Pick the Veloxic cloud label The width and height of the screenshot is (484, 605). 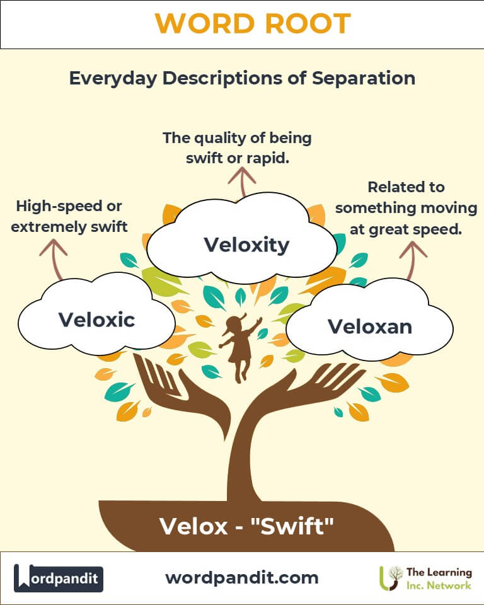(x=96, y=320)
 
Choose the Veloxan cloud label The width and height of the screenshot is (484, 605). (x=369, y=326)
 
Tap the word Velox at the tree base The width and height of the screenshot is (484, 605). (x=185, y=526)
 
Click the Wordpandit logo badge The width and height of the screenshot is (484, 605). (x=59, y=578)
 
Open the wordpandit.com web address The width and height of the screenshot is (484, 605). (x=241, y=577)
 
